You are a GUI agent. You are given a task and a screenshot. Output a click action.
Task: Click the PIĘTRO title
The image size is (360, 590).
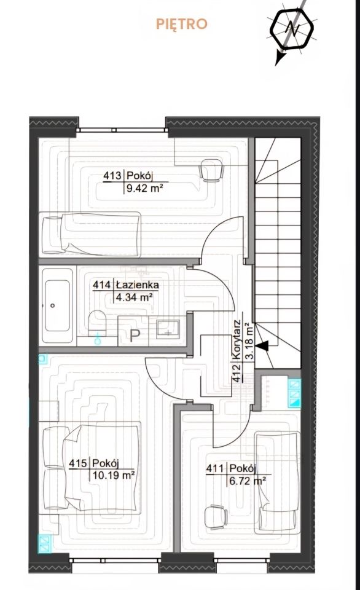(182, 24)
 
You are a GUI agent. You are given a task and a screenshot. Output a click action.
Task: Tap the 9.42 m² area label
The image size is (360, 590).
(144, 189)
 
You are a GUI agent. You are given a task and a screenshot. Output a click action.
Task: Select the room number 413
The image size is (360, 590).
(112, 176)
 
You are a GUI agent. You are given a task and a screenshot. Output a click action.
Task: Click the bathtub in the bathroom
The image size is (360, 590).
(57, 305)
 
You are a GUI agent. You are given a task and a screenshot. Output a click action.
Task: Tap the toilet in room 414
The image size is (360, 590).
(98, 323)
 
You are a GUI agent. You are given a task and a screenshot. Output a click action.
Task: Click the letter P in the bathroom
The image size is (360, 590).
(135, 336)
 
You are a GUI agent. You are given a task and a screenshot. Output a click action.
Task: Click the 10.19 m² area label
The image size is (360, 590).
(114, 476)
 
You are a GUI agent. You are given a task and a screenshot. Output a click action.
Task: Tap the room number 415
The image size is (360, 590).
(78, 463)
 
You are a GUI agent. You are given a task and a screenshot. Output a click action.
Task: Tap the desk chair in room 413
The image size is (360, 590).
(211, 170)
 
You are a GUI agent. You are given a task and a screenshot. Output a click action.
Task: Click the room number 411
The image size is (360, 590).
(215, 469)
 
